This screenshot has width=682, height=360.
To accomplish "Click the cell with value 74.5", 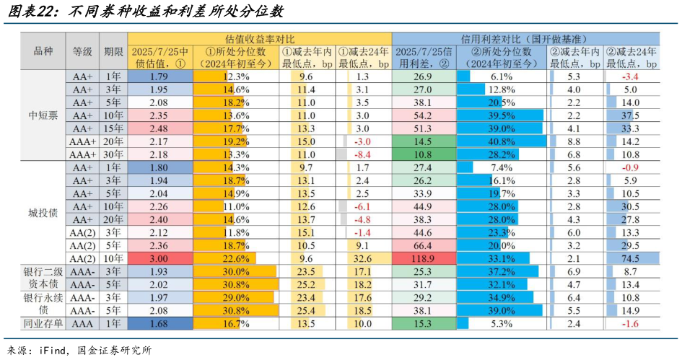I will [x=631, y=258].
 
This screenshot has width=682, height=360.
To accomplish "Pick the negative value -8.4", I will [x=363, y=154].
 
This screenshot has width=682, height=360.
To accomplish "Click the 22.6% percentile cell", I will [x=236, y=258].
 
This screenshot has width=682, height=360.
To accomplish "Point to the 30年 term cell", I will [x=113, y=154].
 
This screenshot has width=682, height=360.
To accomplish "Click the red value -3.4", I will [x=631, y=76].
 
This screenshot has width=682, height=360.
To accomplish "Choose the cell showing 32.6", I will [x=363, y=258].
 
